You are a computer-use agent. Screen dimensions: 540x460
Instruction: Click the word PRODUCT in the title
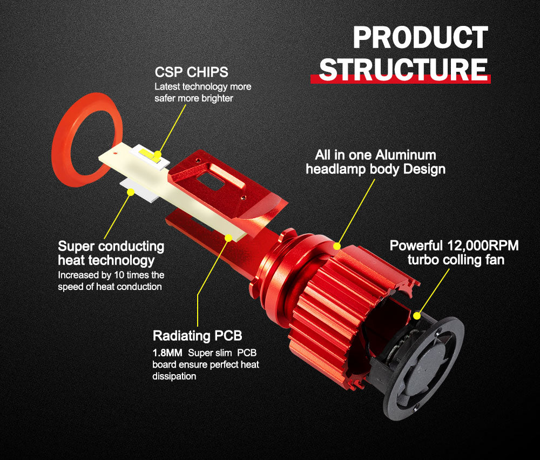[420, 38]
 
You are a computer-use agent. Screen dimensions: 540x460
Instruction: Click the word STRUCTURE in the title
[403, 69]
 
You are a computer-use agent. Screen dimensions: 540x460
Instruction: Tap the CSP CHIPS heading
[192, 72]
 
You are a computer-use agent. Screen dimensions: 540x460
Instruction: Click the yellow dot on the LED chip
[157, 154]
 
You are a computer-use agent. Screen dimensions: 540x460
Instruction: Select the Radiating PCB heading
[197, 336]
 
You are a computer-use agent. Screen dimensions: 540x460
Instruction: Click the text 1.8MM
[167, 353]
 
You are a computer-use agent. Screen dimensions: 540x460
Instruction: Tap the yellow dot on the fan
[417, 315]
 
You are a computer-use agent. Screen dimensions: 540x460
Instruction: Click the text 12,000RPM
[483, 246]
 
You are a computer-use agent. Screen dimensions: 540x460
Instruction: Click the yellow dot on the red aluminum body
[337, 246]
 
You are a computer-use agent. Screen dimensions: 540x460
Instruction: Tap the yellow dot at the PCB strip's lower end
[228, 238]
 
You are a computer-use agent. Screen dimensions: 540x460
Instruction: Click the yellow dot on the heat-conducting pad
[131, 192]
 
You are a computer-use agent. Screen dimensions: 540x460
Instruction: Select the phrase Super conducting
[111, 247]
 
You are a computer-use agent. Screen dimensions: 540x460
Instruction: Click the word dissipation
[174, 376]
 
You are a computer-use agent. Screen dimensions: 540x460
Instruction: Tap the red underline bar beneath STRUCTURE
[401, 79]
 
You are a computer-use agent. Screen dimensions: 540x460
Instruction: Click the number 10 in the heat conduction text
[119, 275]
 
